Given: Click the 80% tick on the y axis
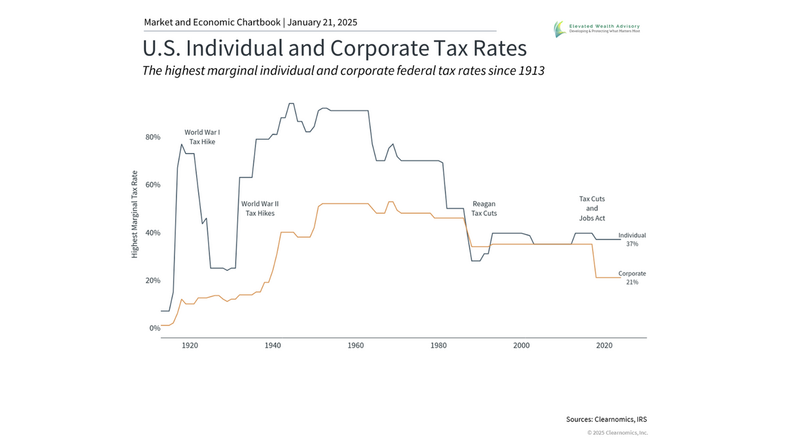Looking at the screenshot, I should [x=153, y=137].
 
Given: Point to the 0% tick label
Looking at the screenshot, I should [x=155, y=328].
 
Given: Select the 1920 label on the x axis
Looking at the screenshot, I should [x=190, y=345].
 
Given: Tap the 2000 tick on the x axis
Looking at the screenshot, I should [x=521, y=345].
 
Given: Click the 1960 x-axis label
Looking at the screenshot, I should [x=355, y=345].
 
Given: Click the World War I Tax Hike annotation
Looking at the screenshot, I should [x=202, y=137].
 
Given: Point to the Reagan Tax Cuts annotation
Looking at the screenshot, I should [x=484, y=209].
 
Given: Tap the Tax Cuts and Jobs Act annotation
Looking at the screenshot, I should [x=592, y=208].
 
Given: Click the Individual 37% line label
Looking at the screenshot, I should [x=632, y=239].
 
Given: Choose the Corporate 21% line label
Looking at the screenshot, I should [x=632, y=278].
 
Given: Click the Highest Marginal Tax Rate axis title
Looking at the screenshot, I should [x=135, y=214].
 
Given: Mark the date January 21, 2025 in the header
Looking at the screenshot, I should [x=323, y=22].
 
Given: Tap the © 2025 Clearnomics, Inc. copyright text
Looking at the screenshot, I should [x=618, y=433].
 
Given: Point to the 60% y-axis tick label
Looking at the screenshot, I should [x=153, y=185].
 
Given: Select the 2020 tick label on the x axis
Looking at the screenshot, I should [x=604, y=345].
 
